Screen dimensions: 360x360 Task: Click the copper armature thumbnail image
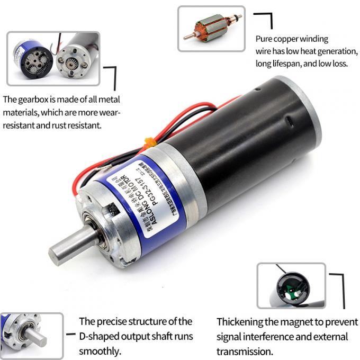211,28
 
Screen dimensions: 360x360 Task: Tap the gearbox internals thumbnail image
53,58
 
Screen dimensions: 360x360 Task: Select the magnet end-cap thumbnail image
291,286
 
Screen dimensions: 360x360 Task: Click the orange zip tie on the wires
149,141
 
